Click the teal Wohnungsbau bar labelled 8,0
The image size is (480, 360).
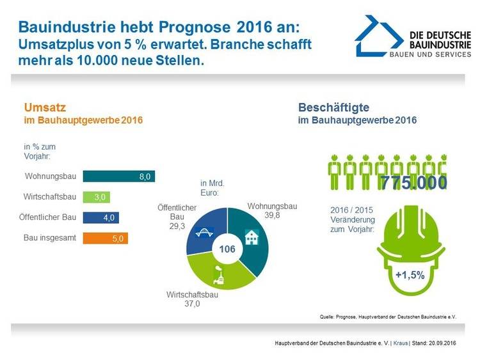(118, 176)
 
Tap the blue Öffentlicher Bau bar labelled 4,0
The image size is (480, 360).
(101, 217)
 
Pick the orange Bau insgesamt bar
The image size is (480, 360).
(106, 239)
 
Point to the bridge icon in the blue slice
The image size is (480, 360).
(205, 233)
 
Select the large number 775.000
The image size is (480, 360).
(413, 182)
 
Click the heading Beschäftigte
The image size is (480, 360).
(333, 107)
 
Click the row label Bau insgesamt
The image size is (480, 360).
(50, 239)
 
